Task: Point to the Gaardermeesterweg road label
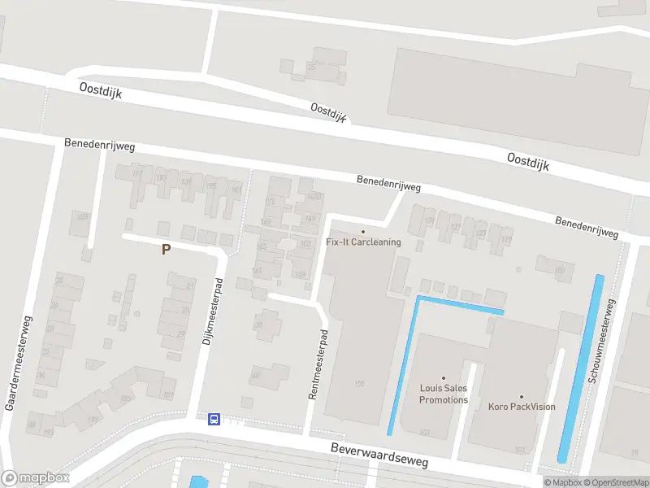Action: (19, 362)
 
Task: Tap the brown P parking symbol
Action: (166, 250)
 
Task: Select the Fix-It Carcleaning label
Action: (362, 242)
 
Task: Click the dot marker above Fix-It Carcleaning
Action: (362, 232)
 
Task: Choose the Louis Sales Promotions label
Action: (444, 394)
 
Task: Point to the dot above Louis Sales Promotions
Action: (444, 378)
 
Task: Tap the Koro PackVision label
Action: (522, 407)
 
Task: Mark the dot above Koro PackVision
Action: (522, 396)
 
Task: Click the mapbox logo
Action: (35, 478)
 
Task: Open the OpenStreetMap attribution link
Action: (614, 482)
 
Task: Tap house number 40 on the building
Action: (256, 375)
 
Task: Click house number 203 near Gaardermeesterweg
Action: (81, 216)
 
